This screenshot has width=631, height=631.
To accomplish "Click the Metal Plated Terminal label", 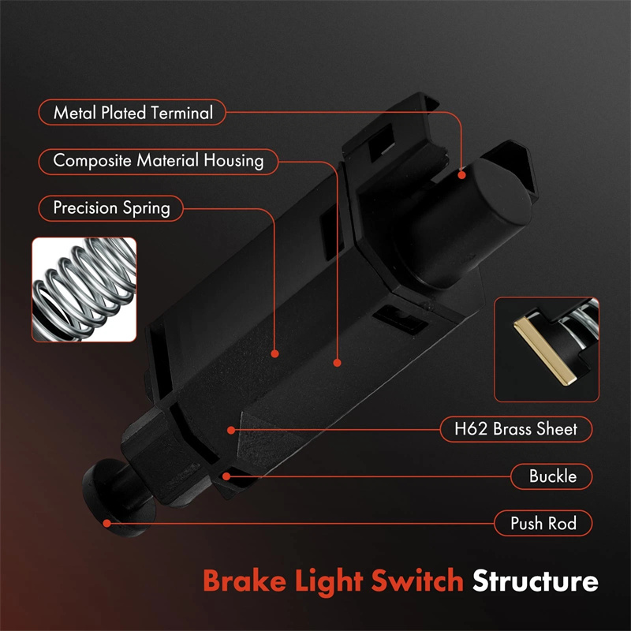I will tap(133, 113).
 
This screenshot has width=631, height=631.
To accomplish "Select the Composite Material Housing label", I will tap(159, 161).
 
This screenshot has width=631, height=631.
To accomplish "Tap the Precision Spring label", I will tap(111, 208).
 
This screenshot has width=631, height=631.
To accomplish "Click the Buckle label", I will tap(552, 476).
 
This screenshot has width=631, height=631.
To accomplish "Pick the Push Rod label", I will tap(543, 523).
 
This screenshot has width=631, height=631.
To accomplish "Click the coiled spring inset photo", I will tap(84, 289).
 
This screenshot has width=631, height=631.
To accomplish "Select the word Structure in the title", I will tap(535, 582).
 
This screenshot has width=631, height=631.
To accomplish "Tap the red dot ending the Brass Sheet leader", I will tap(231, 429).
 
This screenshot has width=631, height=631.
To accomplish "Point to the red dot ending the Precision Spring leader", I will tap(275, 353).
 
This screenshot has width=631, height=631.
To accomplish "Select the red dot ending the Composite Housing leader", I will tap(337, 363).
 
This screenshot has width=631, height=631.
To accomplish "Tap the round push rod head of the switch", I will tap(103, 492).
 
